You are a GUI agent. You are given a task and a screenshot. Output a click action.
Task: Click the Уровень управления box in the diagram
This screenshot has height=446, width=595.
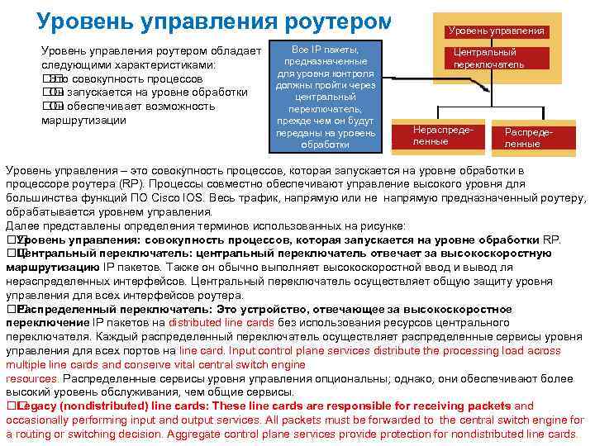pos(497,31)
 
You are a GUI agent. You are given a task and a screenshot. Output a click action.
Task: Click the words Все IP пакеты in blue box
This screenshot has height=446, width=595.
pos(325,50)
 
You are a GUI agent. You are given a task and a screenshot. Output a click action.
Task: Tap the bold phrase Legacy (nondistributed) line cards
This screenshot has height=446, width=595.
pos(112,406)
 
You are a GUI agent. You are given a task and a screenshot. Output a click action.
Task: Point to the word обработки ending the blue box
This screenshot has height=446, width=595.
pos(325,145)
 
